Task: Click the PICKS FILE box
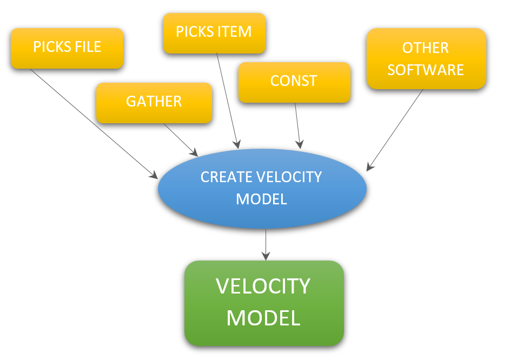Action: [67, 48]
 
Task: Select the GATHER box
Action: [154, 102]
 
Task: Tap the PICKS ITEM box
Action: [214, 32]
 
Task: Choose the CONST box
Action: [294, 82]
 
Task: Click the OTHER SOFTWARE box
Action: [426, 58]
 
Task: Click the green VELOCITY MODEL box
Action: [264, 303]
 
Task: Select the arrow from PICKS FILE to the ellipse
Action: [92, 123]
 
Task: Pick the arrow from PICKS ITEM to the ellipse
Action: [227, 100]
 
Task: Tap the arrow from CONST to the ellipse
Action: [297, 125]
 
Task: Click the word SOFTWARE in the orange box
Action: [426, 70]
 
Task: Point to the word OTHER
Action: [426, 48]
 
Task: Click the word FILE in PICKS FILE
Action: [88, 47]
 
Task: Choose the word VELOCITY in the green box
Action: [263, 286]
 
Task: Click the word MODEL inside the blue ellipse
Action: [261, 199]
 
